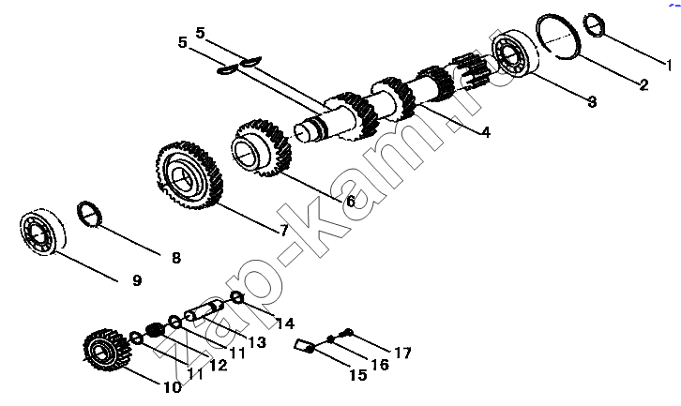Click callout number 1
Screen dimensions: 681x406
[670, 66]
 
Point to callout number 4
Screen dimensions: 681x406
[487, 131]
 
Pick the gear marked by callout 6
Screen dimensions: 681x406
[262, 148]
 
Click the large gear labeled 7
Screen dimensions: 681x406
[189, 175]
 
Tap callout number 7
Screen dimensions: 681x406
[283, 230]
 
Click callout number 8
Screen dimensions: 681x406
[176, 258]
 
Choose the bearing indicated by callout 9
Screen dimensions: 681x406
[42, 232]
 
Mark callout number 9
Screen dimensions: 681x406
[137, 280]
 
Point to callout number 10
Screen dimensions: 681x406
[172, 387]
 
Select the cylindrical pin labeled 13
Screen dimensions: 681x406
[204, 310]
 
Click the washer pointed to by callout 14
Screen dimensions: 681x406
[237, 298]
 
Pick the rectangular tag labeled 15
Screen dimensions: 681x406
[304, 346]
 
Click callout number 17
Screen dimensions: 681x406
[402, 353]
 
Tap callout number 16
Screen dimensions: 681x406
[380, 365]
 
